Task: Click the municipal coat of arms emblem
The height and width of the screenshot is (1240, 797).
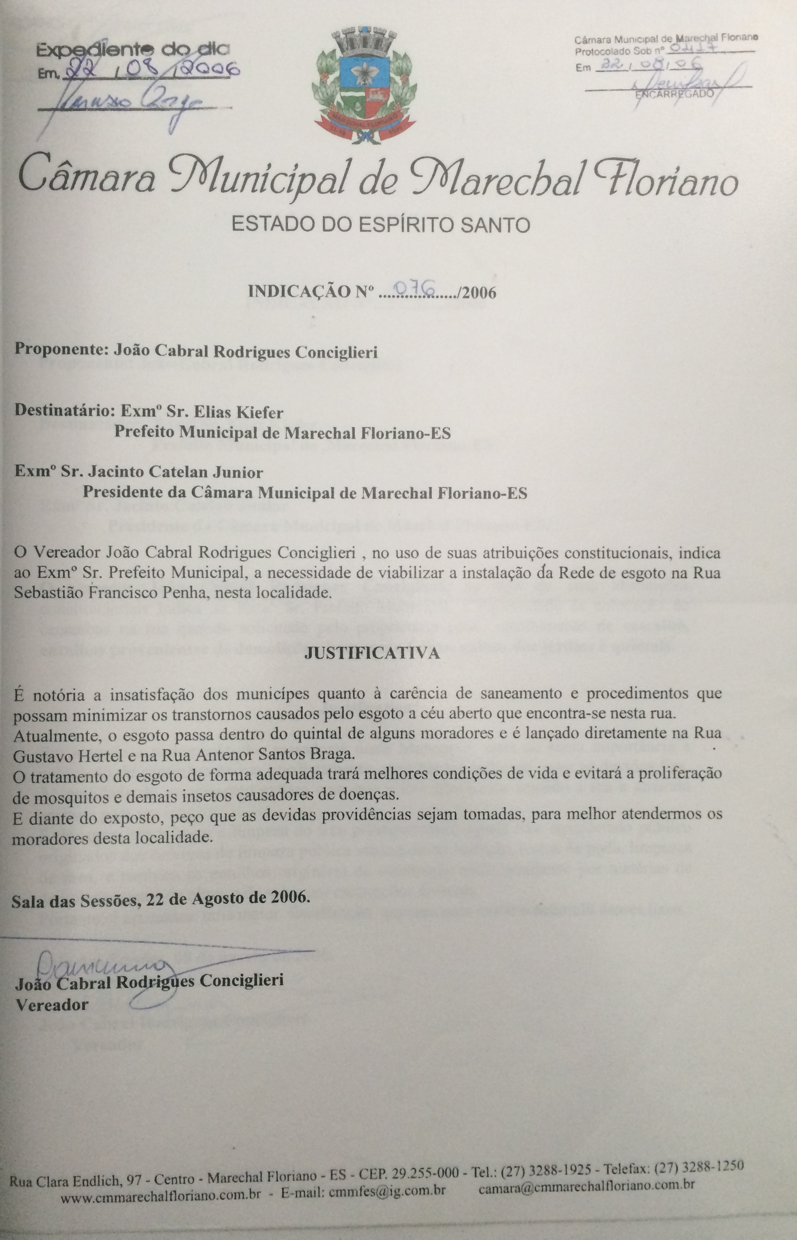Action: [364, 85]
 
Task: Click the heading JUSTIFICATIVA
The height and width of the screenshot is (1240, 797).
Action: [372, 653]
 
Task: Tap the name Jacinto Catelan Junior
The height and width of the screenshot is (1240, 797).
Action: [175, 472]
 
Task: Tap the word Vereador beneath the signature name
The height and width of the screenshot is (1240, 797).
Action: [52, 1005]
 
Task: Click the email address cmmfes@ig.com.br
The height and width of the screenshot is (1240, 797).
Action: [385, 1175]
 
